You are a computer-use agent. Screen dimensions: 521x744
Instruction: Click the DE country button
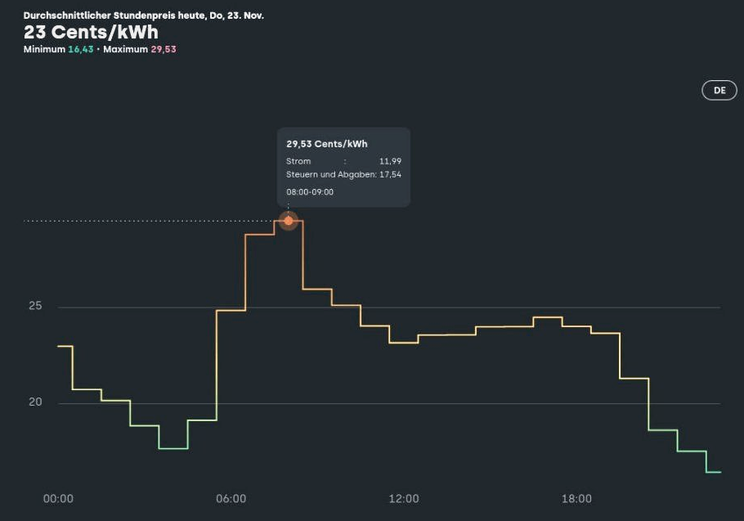(x=719, y=91)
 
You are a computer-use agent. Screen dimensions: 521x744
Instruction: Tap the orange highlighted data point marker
(x=288, y=221)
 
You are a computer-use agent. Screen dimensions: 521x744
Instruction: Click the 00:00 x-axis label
(x=58, y=499)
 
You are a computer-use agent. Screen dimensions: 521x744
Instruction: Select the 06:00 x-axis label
(x=231, y=499)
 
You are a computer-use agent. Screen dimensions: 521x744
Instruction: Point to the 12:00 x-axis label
(x=404, y=499)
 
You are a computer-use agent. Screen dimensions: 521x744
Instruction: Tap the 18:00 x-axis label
(x=576, y=499)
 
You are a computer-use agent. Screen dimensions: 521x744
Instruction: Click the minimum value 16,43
(x=81, y=49)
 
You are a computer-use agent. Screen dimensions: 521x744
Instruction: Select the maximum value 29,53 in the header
(x=164, y=49)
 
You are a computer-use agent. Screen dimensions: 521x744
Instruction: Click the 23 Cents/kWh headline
(x=91, y=32)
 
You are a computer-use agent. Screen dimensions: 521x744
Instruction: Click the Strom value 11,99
(x=390, y=161)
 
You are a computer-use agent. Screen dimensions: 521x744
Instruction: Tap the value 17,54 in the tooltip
(x=390, y=174)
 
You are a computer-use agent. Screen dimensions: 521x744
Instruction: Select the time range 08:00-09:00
(x=310, y=192)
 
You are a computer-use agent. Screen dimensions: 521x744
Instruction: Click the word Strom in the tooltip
(x=298, y=161)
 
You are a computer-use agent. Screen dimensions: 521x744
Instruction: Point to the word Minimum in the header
(x=44, y=49)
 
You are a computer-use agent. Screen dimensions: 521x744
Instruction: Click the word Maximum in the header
(x=126, y=49)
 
